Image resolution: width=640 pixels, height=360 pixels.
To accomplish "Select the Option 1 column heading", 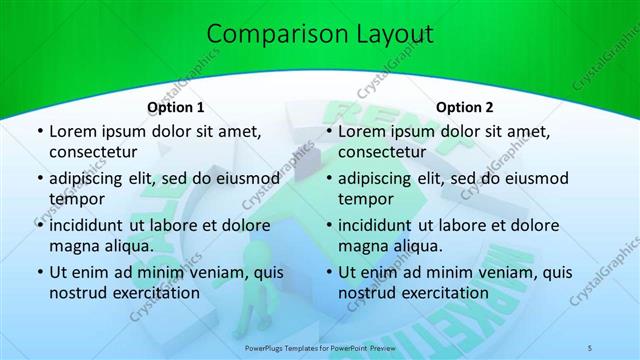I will [x=176, y=107].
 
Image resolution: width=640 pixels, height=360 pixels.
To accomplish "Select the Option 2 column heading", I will [x=465, y=107].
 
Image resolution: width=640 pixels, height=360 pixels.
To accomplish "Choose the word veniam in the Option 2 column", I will [x=479, y=271].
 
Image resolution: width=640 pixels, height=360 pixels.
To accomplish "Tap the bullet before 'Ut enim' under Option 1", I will [x=38, y=272].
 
